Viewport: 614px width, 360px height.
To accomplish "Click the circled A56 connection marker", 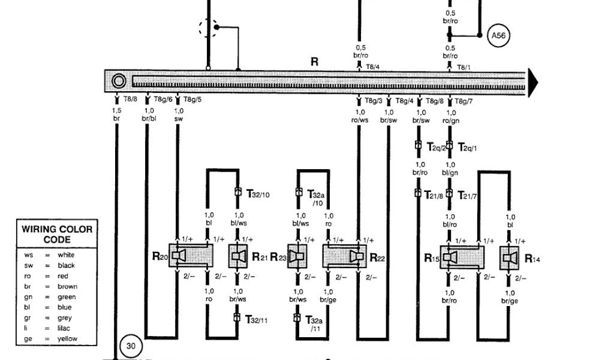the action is pyautogui.click(x=498, y=35).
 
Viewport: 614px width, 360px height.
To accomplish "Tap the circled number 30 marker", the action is pyautogui.click(x=131, y=346).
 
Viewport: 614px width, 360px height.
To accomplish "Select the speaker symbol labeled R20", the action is pyautogui.click(x=177, y=256).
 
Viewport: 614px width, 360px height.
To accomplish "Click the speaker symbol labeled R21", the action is pyautogui.click(x=239, y=256).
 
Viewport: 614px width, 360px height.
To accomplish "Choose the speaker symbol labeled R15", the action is pyautogui.click(x=450, y=257).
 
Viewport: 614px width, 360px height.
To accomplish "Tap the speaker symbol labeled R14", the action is pyautogui.click(x=510, y=257).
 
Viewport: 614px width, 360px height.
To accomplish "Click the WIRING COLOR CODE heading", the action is pyautogui.click(x=57, y=234).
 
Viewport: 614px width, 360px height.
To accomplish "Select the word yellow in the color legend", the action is pyautogui.click(x=67, y=339).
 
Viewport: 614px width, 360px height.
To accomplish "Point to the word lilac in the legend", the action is pyautogui.click(x=65, y=329).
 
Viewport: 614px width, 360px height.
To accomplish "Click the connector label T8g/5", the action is pyautogui.click(x=192, y=100).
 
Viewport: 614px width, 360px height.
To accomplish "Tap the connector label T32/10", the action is pyautogui.click(x=258, y=194).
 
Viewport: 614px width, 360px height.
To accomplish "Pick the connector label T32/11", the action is pyautogui.click(x=257, y=320).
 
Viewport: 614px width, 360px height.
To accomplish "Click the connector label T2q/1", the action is pyautogui.click(x=469, y=147).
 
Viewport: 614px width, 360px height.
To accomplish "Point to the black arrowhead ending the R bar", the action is pyautogui.click(x=532, y=82).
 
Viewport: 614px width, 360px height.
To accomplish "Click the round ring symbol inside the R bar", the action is pyautogui.click(x=119, y=82).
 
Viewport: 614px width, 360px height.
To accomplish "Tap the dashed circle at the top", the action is pyautogui.click(x=209, y=28).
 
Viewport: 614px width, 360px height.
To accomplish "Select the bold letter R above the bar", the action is pyautogui.click(x=315, y=62).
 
